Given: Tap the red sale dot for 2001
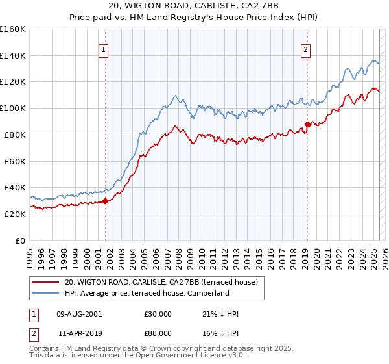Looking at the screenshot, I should coord(105,201).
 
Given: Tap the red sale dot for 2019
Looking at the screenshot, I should coord(307,124).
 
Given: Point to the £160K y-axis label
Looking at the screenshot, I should coord(13,29).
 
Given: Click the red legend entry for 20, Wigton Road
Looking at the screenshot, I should coord(161,282).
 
